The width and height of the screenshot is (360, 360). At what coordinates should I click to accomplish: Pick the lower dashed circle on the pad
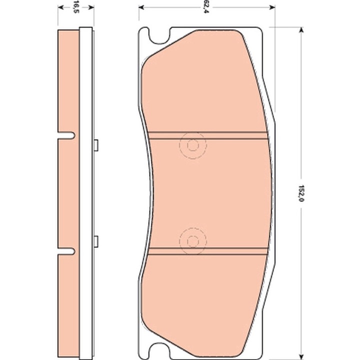point(192,238)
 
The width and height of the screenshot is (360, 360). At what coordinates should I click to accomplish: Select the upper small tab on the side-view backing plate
point(94,144)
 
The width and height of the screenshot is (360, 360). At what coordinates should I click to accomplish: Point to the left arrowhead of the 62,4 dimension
point(141,7)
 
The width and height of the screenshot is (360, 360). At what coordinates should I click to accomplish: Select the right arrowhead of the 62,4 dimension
point(272,7)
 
